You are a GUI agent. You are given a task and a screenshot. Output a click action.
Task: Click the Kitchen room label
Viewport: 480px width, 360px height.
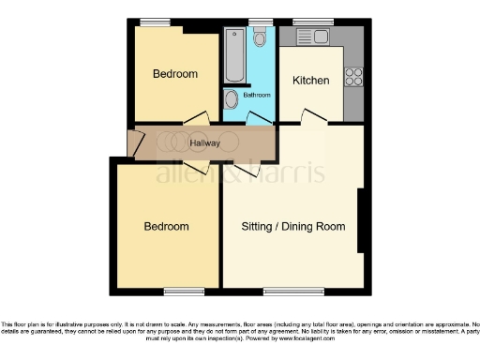[x=310, y=81]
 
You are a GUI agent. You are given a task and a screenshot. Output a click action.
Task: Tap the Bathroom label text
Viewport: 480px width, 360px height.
[x=257, y=95]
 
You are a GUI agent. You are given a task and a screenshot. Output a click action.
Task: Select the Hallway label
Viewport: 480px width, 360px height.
[x=205, y=143]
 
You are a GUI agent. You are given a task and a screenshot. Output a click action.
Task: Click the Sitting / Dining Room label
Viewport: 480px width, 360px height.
[x=293, y=227]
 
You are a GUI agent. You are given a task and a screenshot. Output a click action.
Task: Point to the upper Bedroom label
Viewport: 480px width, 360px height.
[x=175, y=74]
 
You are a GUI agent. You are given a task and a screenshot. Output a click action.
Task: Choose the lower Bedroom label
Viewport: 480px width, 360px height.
[x=166, y=227]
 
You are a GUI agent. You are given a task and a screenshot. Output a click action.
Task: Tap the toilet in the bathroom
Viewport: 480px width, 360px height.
[x=260, y=37]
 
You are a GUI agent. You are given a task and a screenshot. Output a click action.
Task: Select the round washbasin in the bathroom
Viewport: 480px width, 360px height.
[x=232, y=100]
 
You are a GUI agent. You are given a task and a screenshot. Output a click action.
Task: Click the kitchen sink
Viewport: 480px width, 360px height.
[x=313, y=37]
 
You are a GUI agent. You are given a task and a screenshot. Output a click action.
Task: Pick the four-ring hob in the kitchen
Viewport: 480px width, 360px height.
[x=354, y=78]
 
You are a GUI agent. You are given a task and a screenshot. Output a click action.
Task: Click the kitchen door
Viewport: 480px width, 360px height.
[x=308, y=117]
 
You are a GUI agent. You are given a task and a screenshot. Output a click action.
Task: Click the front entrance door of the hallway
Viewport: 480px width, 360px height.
[x=133, y=142]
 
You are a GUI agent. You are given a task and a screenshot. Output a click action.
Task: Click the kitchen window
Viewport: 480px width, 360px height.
[x=307, y=22]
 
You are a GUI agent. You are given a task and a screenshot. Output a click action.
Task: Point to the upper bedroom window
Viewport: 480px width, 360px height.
[x=156, y=22]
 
